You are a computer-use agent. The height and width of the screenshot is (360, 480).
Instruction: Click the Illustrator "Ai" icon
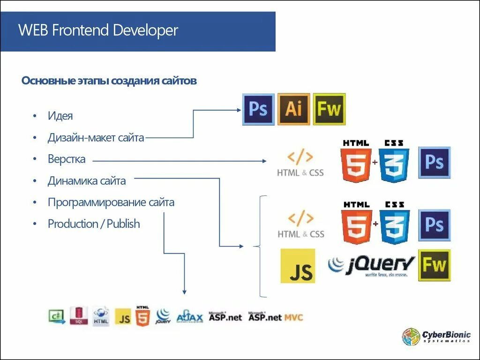point(294,109)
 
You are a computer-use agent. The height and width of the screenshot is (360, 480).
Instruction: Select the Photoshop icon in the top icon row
point(258,109)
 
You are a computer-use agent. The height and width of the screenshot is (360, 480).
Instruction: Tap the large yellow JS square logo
point(298,266)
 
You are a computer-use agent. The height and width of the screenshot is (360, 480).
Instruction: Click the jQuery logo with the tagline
point(372,265)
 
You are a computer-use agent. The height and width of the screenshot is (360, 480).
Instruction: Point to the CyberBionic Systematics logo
point(436,337)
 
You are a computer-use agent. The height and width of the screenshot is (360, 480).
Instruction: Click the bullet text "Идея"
point(60,116)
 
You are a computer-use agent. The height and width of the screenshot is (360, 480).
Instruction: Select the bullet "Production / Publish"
point(94,224)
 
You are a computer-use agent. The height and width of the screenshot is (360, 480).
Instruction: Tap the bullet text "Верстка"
point(67,159)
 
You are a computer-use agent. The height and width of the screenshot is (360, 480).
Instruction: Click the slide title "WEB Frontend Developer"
point(98,31)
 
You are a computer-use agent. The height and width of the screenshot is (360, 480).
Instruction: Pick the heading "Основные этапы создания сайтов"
point(109,81)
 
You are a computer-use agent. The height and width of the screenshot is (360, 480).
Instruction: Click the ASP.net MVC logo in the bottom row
point(276,317)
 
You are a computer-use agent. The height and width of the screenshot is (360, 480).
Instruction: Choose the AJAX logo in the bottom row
point(189,317)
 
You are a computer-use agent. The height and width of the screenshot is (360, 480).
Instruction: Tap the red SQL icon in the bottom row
point(78,316)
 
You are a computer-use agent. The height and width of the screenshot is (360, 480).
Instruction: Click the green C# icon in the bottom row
point(56,316)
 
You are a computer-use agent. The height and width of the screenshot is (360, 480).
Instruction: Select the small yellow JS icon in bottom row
point(123,317)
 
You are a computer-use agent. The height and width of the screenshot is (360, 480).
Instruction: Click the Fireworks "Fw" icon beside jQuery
point(435,265)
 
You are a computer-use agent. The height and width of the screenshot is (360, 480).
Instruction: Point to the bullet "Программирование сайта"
point(111,202)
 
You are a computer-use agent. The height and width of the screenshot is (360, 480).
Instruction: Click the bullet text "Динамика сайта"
point(87,180)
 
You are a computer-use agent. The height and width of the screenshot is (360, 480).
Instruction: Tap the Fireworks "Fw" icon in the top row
point(329,109)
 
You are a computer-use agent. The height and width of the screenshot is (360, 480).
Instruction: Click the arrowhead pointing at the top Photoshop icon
point(238,110)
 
